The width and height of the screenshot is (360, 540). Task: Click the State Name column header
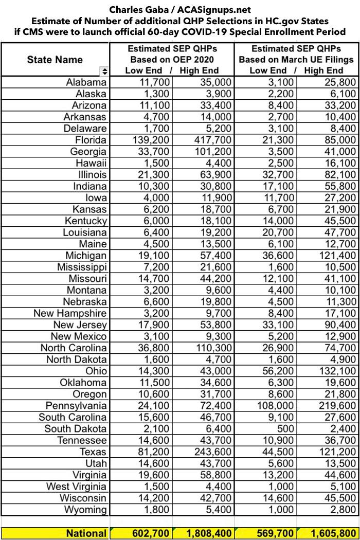coord(55,60)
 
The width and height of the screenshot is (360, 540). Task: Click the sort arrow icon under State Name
coord(105,71)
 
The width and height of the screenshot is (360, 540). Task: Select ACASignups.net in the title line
coord(215,9)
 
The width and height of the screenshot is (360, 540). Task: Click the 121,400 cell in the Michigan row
coord(334,256)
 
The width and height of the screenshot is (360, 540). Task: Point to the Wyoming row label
coord(85,510)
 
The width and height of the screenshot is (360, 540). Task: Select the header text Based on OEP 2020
coord(172,60)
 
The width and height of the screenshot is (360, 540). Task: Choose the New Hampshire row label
coord(70,313)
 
